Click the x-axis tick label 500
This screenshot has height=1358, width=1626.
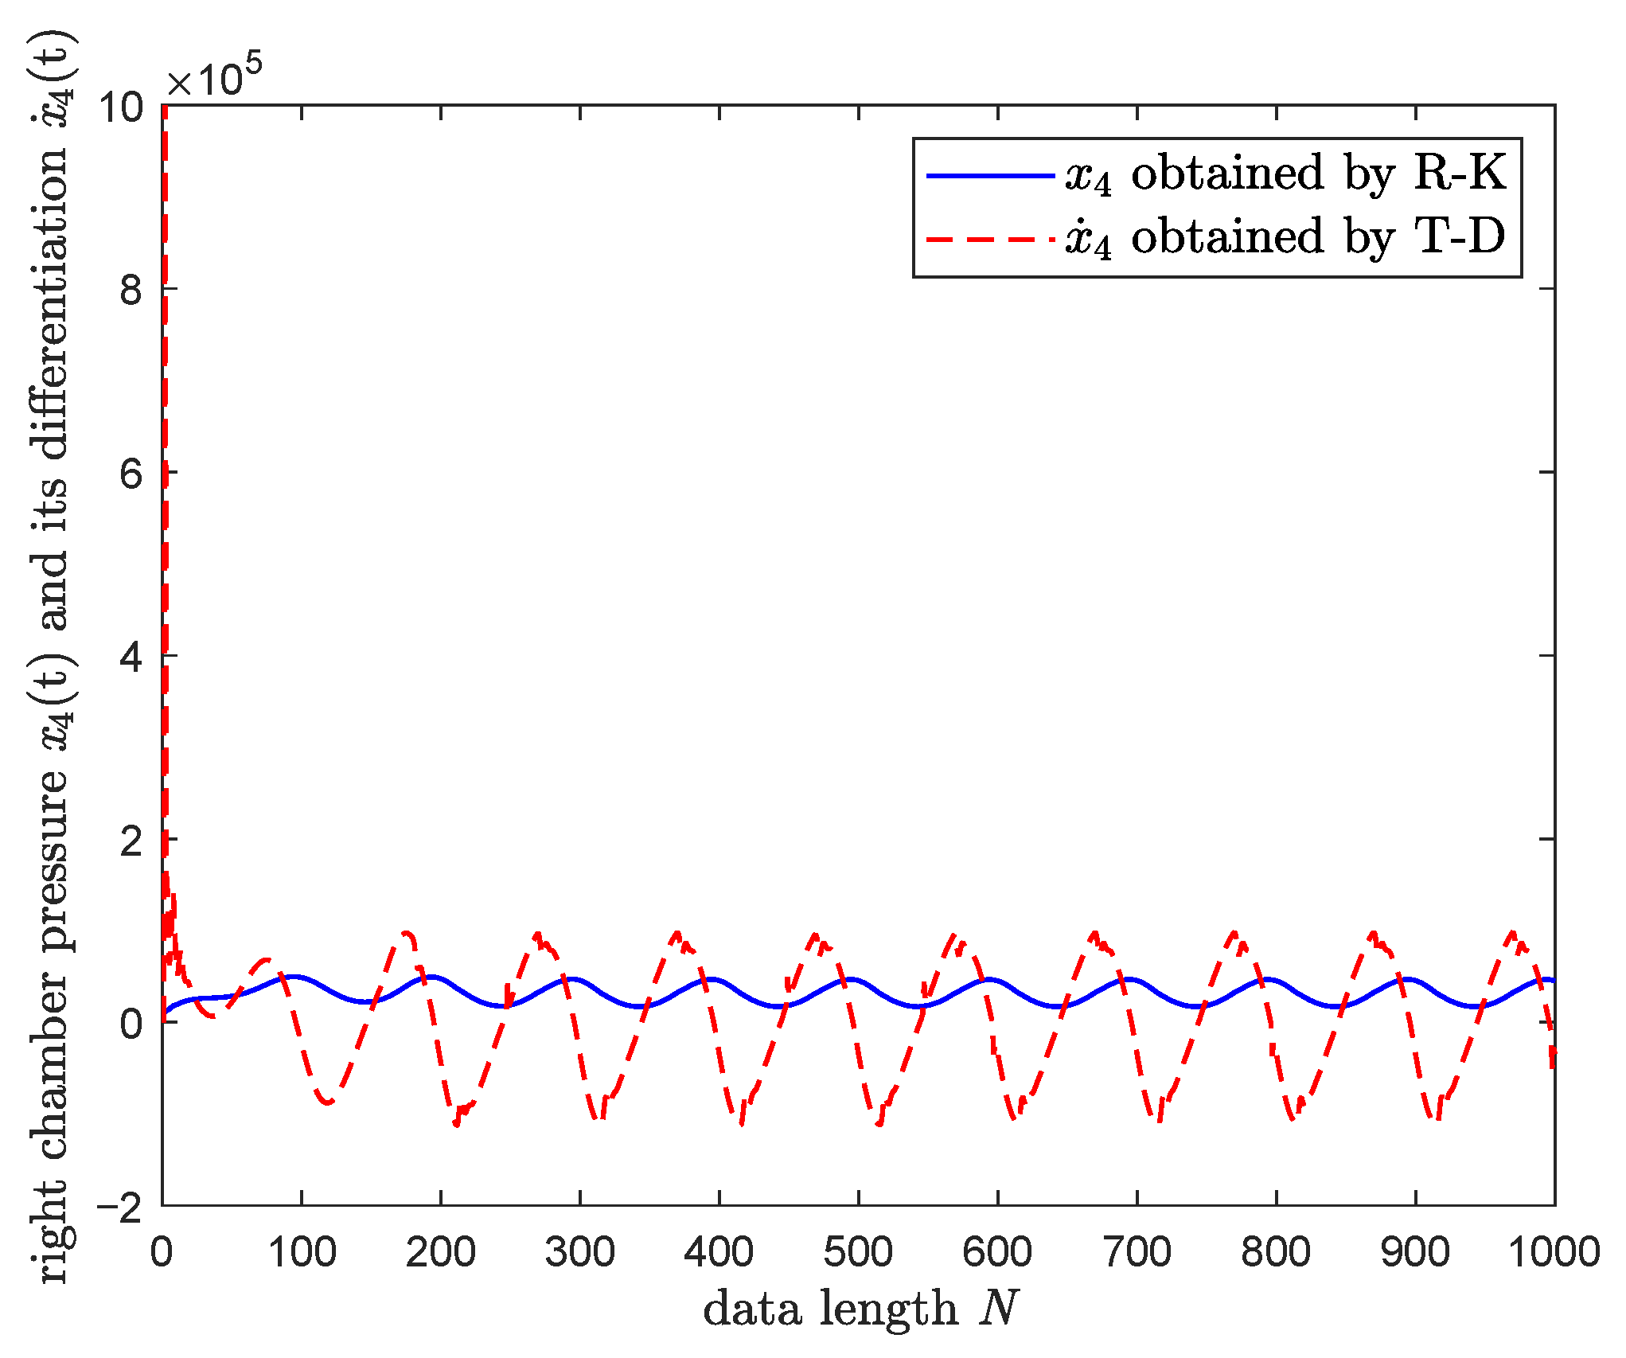pyautogui.click(x=858, y=1251)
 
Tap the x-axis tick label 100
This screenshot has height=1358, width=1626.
pyautogui.click(x=302, y=1251)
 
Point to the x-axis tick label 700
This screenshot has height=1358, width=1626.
pyautogui.click(x=1137, y=1251)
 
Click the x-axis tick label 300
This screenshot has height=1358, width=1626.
pyautogui.click(x=579, y=1251)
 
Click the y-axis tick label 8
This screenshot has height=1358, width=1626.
pyautogui.click(x=131, y=289)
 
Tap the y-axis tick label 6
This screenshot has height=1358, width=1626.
pyautogui.click(x=131, y=472)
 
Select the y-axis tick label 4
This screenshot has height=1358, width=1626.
pyautogui.click(x=131, y=656)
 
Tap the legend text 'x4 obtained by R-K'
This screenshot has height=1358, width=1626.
pyautogui.click(x=1285, y=174)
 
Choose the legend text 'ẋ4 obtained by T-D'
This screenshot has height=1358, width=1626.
pyautogui.click(x=1285, y=237)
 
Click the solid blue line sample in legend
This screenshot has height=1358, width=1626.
pyautogui.click(x=990, y=174)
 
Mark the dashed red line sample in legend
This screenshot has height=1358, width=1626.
pyautogui.click(x=990, y=238)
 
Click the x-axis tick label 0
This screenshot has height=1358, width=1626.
pyautogui.click(x=162, y=1251)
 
